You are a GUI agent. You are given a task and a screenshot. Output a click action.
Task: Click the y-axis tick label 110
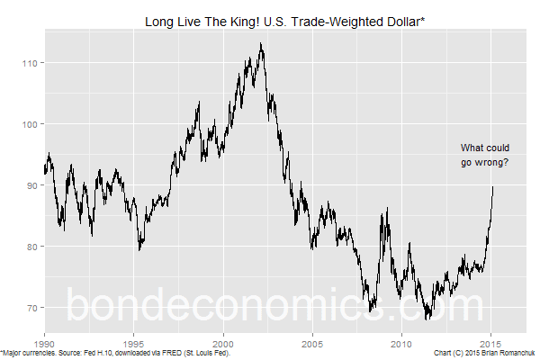click(x=31, y=63)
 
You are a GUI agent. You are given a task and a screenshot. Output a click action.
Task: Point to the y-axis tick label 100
click(x=31, y=124)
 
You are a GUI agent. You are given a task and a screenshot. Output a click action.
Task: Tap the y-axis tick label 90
click(x=32, y=185)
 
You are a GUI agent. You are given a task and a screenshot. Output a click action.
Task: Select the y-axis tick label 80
click(x=32, y=247)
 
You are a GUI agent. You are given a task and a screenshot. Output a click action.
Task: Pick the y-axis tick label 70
click(x=32, y=308)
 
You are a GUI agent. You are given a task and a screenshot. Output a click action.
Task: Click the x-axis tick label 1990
click(x=44, y=343)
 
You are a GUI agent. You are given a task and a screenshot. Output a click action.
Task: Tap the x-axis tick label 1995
click(x=133, y=343)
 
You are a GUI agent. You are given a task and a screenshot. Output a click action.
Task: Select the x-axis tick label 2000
click(x=223, y=343)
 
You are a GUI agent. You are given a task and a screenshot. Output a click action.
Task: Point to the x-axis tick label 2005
click(x=312, y=343)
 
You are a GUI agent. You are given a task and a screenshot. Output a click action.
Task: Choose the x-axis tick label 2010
click(x=401, y=343)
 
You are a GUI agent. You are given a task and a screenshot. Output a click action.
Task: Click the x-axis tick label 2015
click(x=490, y=343)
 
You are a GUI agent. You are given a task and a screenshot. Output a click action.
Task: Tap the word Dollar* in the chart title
click(x=393, y=20)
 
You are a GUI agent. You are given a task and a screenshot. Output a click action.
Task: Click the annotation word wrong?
click(x=490, y=163)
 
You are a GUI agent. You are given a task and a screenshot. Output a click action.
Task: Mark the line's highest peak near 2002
click(x=261, y=43)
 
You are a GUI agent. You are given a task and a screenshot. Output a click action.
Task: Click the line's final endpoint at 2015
click(x=492, y=186)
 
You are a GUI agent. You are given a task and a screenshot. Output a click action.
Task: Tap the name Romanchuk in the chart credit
click(x=513, y=354)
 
